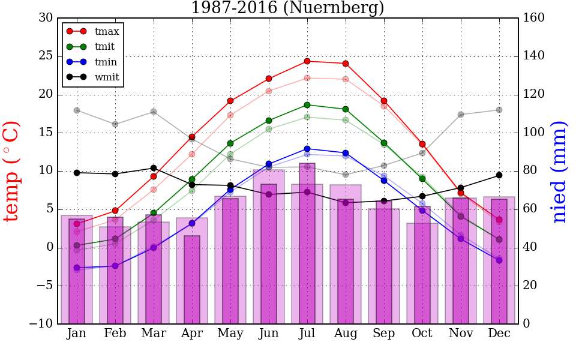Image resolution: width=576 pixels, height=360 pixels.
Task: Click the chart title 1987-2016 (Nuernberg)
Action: pos(287,8)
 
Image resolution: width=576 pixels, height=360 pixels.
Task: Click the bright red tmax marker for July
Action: pos(307,61)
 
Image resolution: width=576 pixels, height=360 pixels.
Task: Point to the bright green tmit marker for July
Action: pos(307,105)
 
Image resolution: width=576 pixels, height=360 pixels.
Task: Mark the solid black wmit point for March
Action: pos(154,168)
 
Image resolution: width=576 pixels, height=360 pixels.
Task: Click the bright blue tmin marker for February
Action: pos(115,266)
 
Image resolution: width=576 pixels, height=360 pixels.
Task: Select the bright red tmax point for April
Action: pos(192,137)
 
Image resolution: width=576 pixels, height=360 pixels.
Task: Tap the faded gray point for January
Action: pos(77,110)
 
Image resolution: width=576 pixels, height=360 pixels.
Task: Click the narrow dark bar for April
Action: pos(192,280)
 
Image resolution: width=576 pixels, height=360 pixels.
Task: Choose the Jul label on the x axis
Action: pos(307,333)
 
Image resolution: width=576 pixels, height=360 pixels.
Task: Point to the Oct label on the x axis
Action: pos(422,333)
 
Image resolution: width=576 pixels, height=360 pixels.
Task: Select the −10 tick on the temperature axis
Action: pos(42,324)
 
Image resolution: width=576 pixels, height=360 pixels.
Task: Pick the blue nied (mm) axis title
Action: pos(559,171)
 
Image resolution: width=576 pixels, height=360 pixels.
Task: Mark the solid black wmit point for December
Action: pos(499,175)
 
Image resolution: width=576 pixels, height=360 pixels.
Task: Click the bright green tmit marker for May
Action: pos(230,143)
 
